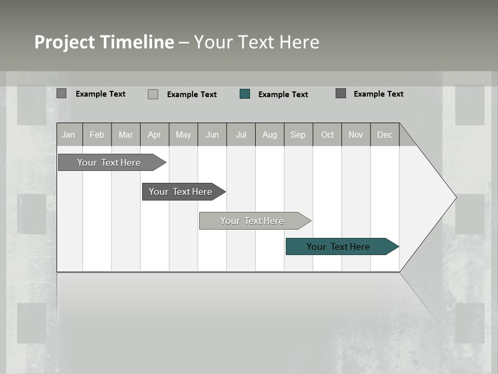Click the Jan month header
point(68,135)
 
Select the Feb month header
point(97,135)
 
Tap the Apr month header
point(155,135)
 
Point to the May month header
point(183,135)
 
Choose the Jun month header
point(212,135)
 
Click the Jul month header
point(241,135)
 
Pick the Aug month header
point(270,135)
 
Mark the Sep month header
point(298,135)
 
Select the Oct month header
point(327,135)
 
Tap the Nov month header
point(356,135)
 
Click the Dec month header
point(385,135)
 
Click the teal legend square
point(245,94)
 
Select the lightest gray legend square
point(153,94)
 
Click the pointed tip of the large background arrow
point(455,197)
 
